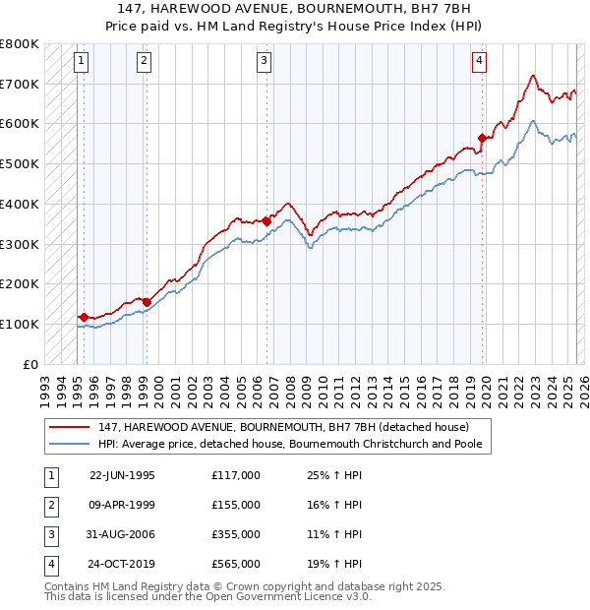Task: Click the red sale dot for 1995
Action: [x=85, y=317]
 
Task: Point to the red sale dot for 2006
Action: [x=266, y=221]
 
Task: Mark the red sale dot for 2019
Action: [x=482, y=138]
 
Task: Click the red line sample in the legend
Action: [x=70, y=427]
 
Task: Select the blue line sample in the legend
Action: [x=70, y=444]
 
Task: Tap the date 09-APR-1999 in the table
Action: [x=123, y=505]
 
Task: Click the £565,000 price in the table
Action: [x=236, y=564]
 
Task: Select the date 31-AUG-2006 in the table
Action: [x=123, y=534]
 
